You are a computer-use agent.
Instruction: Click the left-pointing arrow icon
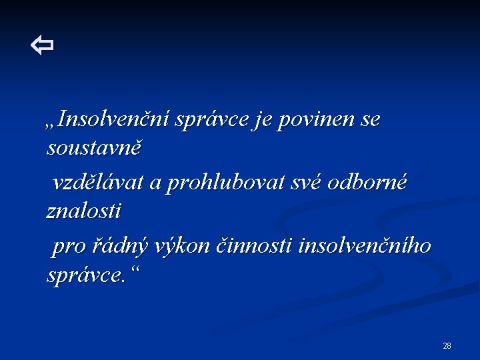click(x=42, y=46)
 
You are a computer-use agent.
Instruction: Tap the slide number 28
click(x=447, y=345)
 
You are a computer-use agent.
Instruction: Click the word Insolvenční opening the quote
click(x=114, y=119)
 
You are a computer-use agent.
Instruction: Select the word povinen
click(x=321, y=119)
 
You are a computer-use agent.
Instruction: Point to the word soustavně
click(x=94, y=148)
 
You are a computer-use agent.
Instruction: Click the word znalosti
click(x=84, y=211)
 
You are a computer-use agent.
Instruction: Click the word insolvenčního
click(x=365, y=246)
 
